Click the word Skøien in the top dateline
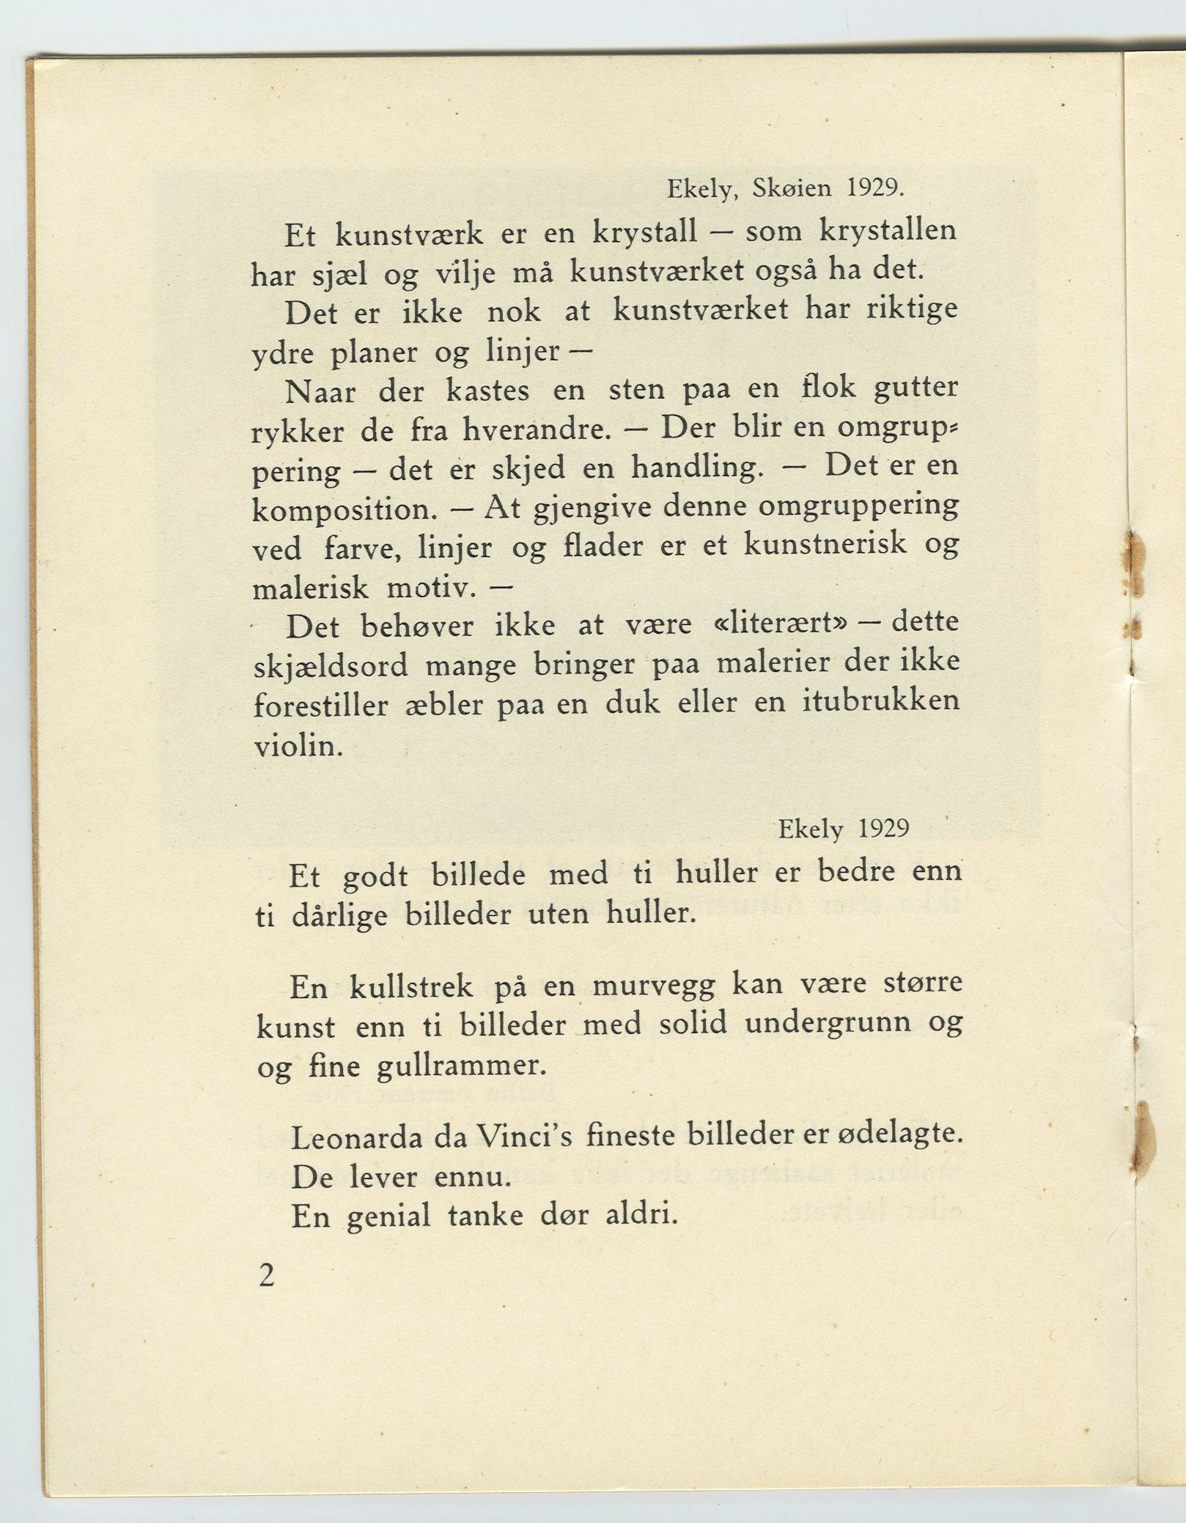[x=792, y=189]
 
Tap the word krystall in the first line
[x=644, y=233]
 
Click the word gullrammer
[x=462, y=1065]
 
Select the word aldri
[x=639, y=1216]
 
